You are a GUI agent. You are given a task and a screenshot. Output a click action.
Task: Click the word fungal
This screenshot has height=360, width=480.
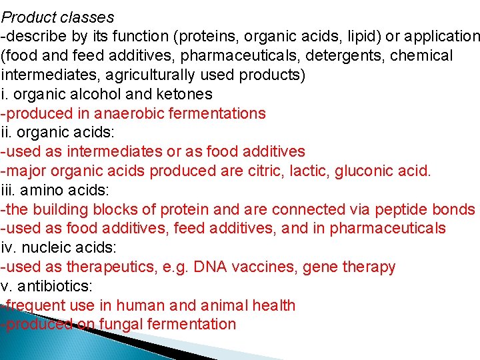pos(124,325)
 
